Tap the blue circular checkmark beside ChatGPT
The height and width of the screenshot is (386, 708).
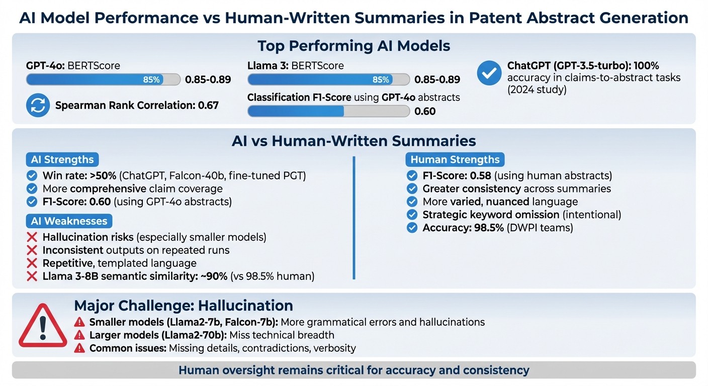488,73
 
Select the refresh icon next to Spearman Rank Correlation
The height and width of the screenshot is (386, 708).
38,105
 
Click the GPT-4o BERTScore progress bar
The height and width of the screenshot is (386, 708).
103,79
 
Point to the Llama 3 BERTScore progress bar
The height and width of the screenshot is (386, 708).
328,79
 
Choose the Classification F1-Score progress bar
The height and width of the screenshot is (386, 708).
328,111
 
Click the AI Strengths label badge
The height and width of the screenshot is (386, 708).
62,160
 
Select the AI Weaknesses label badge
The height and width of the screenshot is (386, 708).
69,221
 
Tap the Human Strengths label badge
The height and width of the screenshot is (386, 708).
455,160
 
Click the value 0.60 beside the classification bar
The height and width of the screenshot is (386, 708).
425,112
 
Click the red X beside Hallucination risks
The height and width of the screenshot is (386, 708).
32,237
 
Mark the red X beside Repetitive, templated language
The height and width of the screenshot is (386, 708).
32,263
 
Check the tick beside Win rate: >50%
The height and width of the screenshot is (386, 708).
32,176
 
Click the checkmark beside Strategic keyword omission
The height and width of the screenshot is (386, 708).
412,215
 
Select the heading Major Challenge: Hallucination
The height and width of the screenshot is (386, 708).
184,306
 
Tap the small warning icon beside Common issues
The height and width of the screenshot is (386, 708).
79,348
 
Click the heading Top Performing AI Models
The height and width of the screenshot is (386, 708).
353,46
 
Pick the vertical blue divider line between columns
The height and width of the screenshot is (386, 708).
354,217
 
